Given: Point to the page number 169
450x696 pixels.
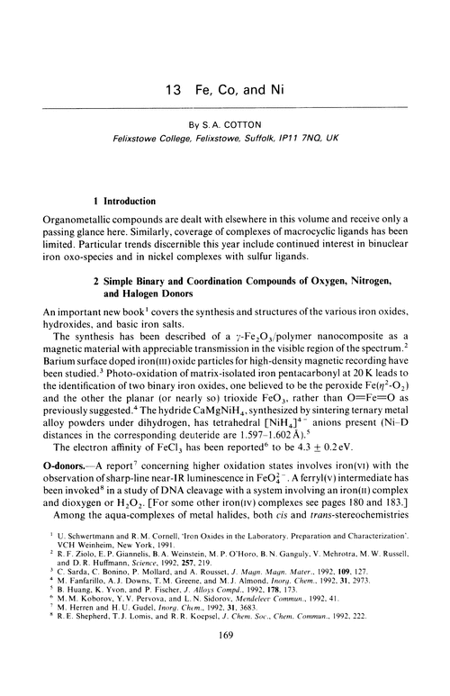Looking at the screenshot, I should (224, 682).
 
